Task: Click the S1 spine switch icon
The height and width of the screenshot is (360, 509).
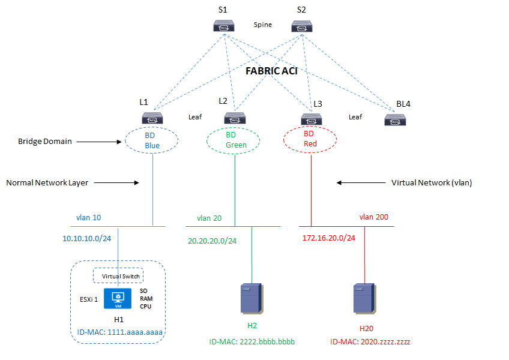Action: [223, 26]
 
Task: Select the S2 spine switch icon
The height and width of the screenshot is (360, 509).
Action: [302, 26]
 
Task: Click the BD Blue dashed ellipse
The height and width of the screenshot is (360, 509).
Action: [151, 140]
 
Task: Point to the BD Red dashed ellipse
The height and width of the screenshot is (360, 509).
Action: [310, 140]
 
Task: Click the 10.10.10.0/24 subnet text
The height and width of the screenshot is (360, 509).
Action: [86, 238]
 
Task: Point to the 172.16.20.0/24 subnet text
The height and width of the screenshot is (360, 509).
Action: [329, 238]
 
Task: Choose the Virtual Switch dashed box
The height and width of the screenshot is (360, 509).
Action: [118, 276]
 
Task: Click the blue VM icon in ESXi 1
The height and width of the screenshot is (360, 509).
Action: [119, 298]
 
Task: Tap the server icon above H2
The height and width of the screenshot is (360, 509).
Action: [251, 298]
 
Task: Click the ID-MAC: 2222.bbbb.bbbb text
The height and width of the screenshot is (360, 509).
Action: [251, 341]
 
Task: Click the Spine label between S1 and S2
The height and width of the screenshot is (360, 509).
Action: [263, 25]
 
